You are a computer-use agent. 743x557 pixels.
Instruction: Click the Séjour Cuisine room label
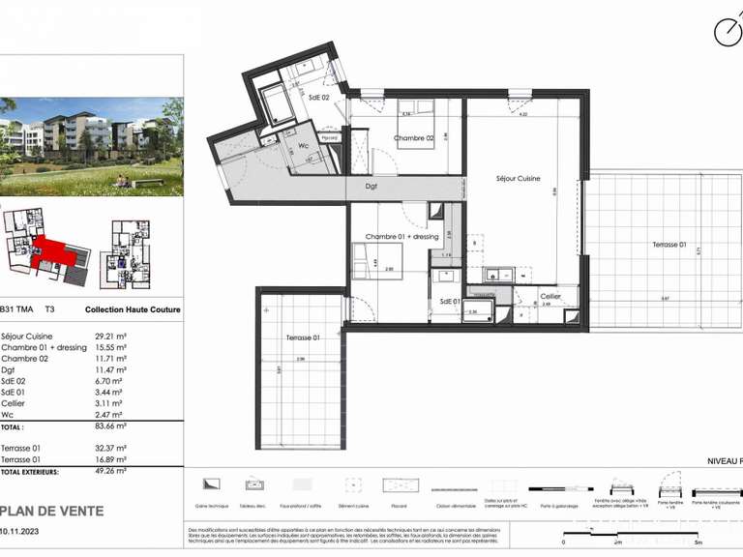pos(518,178)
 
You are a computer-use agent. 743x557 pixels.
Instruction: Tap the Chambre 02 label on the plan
pos(413,138)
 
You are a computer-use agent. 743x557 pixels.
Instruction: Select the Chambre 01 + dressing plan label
pos(401,237)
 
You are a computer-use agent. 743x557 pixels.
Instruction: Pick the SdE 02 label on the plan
pos(319,98)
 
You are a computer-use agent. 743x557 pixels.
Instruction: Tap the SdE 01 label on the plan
pos(449,301)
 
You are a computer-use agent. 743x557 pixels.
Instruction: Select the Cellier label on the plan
pos(550,296)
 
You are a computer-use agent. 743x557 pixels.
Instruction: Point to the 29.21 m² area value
pos(111,337)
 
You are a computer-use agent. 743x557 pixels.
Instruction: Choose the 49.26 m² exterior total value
pos(112,471)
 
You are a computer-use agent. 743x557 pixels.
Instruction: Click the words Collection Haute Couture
pos(133,310)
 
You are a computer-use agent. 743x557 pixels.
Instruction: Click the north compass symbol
pos(728,32)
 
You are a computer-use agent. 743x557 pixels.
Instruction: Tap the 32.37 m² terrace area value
pos(111,449)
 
